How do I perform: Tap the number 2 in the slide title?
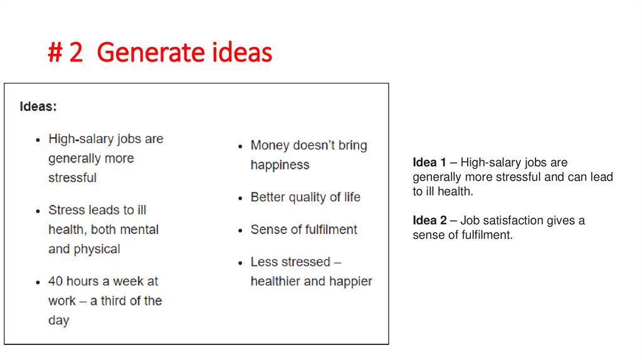click(76, 53)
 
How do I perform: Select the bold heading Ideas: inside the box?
click(38, 107)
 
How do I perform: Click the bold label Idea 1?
click(429, 163)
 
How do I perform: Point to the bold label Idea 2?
click(429, 221)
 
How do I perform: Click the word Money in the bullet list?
click(269, 146)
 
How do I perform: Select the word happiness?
click(280, 165)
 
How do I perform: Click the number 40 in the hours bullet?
click(55, 282)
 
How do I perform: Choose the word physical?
click(95, 249)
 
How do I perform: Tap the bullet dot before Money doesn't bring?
click(241, 146)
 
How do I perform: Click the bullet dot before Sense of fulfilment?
click(241, 230)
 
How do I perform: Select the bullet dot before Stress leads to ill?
click(39, 211)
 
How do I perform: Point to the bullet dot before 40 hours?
click(39, 282)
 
